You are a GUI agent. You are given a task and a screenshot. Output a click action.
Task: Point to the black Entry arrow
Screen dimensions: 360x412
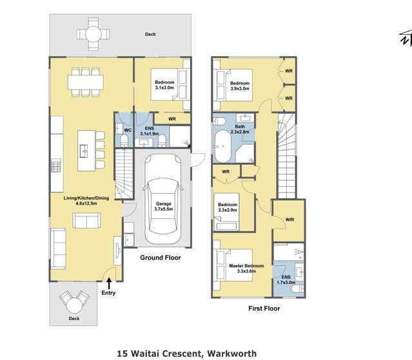(109, 282)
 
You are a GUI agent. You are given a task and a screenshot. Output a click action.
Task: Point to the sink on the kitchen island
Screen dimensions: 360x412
(85, 151)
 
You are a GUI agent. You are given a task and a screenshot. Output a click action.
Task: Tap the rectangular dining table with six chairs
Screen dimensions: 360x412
(85, 81)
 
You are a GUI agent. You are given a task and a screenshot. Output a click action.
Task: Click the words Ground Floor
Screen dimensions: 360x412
(161, 258)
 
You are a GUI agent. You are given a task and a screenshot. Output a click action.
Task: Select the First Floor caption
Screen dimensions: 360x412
(264, 308)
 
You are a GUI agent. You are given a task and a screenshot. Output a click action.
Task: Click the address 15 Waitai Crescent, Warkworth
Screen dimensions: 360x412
(187, 353)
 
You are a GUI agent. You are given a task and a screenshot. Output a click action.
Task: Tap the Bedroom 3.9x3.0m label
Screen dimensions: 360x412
(240, 86)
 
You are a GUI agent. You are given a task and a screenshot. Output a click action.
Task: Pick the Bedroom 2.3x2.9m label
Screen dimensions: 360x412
(228, 207)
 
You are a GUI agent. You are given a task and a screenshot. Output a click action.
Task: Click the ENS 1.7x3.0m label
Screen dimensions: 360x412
(286, 279)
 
